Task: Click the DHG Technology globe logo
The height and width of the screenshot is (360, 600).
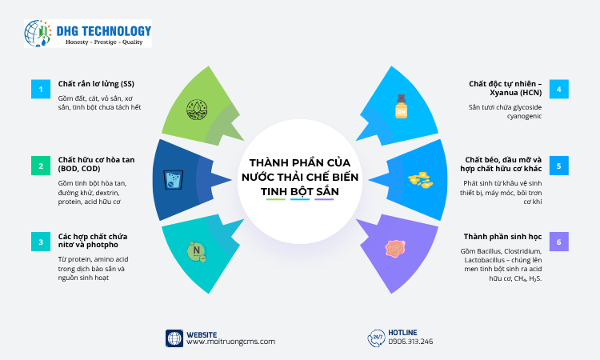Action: pyautogui.click(x=38, y=34)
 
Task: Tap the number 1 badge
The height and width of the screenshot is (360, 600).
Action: pyautogui.click(x=41, y=89)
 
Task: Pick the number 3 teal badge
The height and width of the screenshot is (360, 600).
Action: pyautogui.click(x=41, y=242)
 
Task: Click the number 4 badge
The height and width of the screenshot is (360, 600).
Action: pyautogui.click(x=559, y=89)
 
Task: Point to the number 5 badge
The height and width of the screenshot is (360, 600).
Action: pyautogui.click(x=559, y=166)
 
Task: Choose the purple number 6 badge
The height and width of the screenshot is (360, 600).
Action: pyautogui.click(x=559, y=242)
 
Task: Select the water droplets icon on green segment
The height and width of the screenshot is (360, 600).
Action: pyautogui.click(x=196, y=109)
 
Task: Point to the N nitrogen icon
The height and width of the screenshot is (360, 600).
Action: pyautogui.click(x=196, y=252)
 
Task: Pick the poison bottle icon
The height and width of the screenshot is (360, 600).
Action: pyautogui.click(x=402, y=106)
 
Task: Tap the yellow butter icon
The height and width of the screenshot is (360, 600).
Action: pyautogui.click(x=421, y=180)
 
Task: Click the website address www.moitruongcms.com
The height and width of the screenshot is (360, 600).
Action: pyautogui.click(x=230, y=342)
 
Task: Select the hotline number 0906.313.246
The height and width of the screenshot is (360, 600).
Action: pyautogui.click(x=410, y=342)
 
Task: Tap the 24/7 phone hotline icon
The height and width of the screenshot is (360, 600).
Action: pyautogui.click(x=375, y=338)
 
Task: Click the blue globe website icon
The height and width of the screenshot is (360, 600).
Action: pyautogui.click(x=174, y=338)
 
